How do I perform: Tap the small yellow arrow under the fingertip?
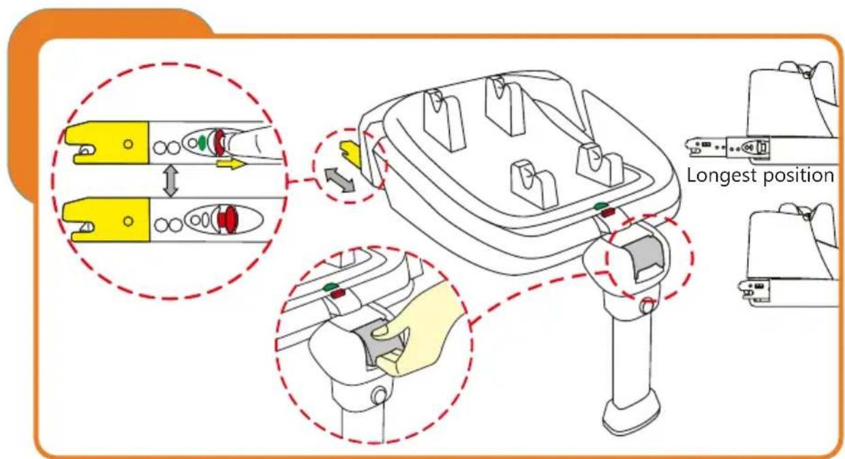[229, 164]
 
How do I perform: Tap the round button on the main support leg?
[645, 308]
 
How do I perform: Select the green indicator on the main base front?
[600, 206]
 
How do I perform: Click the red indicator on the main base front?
[606, 213]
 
